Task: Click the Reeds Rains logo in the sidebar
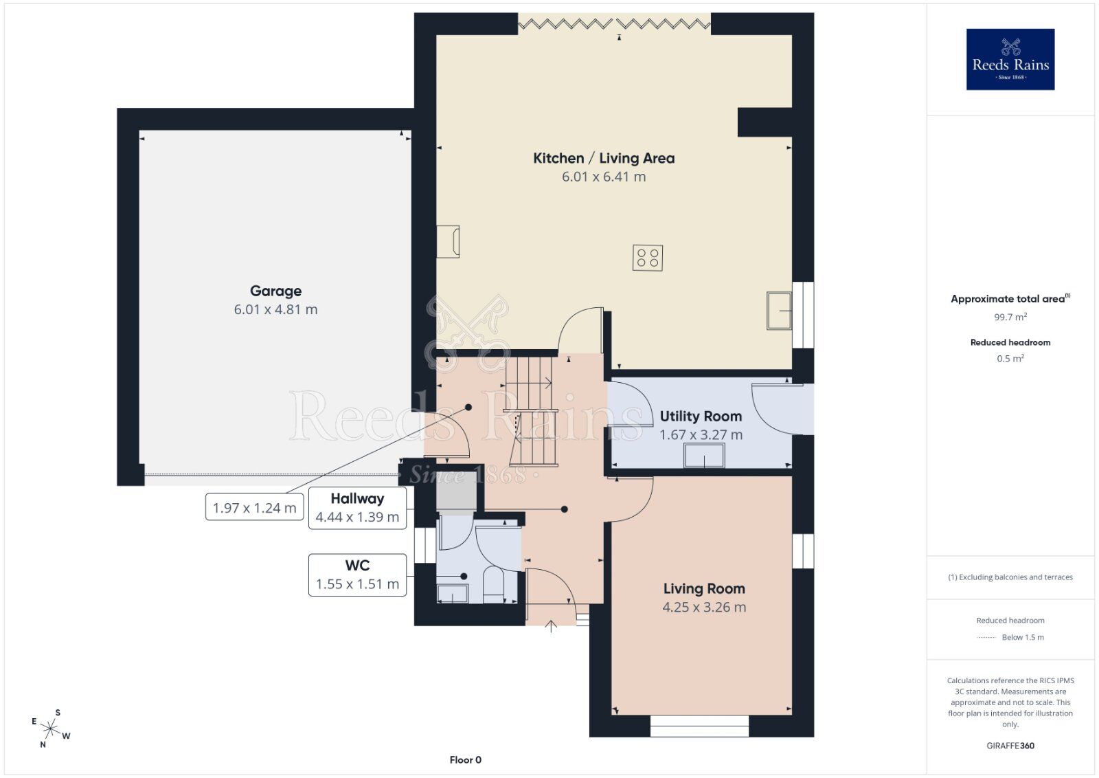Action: pos(1010,59)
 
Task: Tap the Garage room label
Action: pos(275,291)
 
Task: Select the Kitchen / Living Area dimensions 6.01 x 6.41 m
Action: pos(604,177)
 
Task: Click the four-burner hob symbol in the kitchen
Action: pos(648,258)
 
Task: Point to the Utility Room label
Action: pos(701,416)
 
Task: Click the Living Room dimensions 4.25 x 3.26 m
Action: pos(704,607)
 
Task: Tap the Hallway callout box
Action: pos(357,507)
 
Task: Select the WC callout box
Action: pos(357,575)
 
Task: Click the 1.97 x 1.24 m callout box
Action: pos(254,507)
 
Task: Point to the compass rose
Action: pos(50,729)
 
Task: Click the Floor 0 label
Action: pos(465,760)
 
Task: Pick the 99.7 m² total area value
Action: pos(1010,317)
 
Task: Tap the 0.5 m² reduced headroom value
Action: pos(1010,358)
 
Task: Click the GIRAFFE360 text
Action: pos(1010,746)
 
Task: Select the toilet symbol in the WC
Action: pos(494,585)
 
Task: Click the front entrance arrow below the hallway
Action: pos(551,626)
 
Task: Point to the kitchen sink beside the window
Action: pos(779,311)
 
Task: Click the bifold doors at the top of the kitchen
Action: pos(614,23)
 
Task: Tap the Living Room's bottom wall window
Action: pos(700,726)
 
